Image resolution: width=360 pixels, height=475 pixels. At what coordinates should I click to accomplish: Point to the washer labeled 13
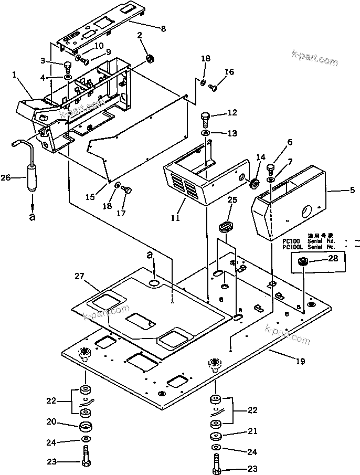[206, 133]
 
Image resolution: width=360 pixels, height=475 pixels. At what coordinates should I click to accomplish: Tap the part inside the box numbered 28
[304, 262]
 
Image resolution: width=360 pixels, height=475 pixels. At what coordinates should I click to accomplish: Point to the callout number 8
[163, 29]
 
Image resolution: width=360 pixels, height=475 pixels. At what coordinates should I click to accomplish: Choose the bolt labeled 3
[68, 67]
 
